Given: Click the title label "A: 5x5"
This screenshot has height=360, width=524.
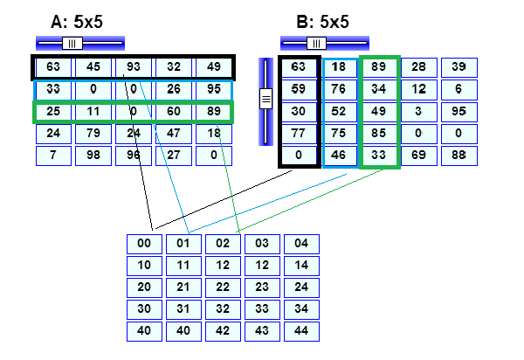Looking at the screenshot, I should tap(76, 21).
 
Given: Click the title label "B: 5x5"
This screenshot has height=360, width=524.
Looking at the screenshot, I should tap(322, 21).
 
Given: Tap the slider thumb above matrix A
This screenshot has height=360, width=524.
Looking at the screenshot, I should tap(72, 43).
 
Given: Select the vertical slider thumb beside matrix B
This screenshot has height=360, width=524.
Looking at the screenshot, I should tap(266, 100).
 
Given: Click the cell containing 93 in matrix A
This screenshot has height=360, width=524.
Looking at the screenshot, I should tap(134, 67).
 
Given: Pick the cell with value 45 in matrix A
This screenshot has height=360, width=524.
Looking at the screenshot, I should tap(93, 67).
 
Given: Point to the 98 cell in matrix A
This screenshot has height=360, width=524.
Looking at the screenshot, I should tap(93, 156).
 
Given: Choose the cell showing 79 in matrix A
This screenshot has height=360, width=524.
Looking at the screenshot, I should tap(93, 134).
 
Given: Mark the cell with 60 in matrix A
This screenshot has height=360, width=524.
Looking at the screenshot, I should tap(174, 112).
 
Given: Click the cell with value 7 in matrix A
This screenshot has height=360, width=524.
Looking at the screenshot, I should tap(53, 156).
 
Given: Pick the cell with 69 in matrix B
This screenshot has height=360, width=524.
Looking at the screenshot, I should tap(419, 156).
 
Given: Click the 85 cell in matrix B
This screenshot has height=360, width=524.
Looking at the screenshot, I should tap(379, 134).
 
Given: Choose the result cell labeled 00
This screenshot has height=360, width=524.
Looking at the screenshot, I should tap(144, 244).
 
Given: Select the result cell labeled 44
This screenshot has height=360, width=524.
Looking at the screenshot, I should tap(301, 331).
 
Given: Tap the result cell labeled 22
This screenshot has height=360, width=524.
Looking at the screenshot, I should tap(223, 287).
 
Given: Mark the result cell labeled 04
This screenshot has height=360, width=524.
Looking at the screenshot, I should tap(301, 244).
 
